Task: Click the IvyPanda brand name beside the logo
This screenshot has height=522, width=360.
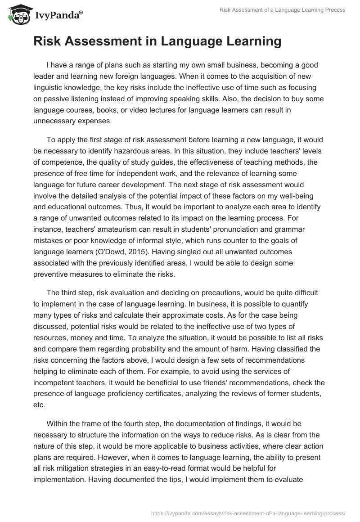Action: click(58, 15)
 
